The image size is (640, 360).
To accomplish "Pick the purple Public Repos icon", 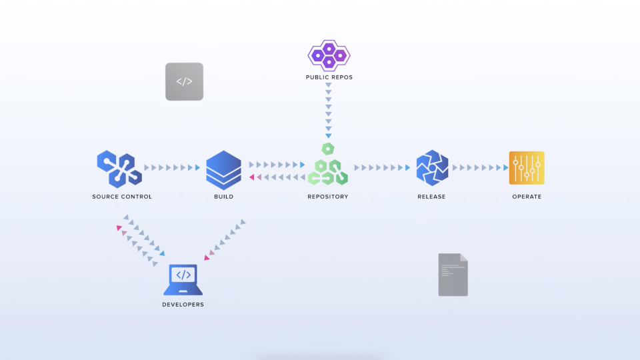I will (x=329, y=55).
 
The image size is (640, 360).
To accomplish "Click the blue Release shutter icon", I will (x=431, y=168).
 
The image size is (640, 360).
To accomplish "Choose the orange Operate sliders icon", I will (x=527, y=168).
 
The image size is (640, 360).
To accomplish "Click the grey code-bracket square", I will (x=184, y=81).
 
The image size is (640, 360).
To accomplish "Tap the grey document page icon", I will (x=453, y=275).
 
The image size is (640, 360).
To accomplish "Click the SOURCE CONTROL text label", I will (x=122, y=197).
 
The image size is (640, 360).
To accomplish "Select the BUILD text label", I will (x=223, y=197).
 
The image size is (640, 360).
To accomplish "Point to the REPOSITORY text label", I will (x=327, y=197).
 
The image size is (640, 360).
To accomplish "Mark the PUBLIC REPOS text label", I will (x=329, y=77).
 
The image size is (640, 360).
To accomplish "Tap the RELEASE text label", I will (x=431, y=197).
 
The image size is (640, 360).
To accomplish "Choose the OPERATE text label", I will (x=527, y=197).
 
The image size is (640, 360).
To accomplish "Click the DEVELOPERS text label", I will (x=183, y=305).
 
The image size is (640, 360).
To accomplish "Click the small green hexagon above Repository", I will (x=327, y=148).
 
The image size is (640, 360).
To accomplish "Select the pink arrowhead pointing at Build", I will (x=252, y=177).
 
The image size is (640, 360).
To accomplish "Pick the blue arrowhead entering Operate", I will (x=504, y=168).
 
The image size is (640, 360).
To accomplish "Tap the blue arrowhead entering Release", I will (x=407, y=168).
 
